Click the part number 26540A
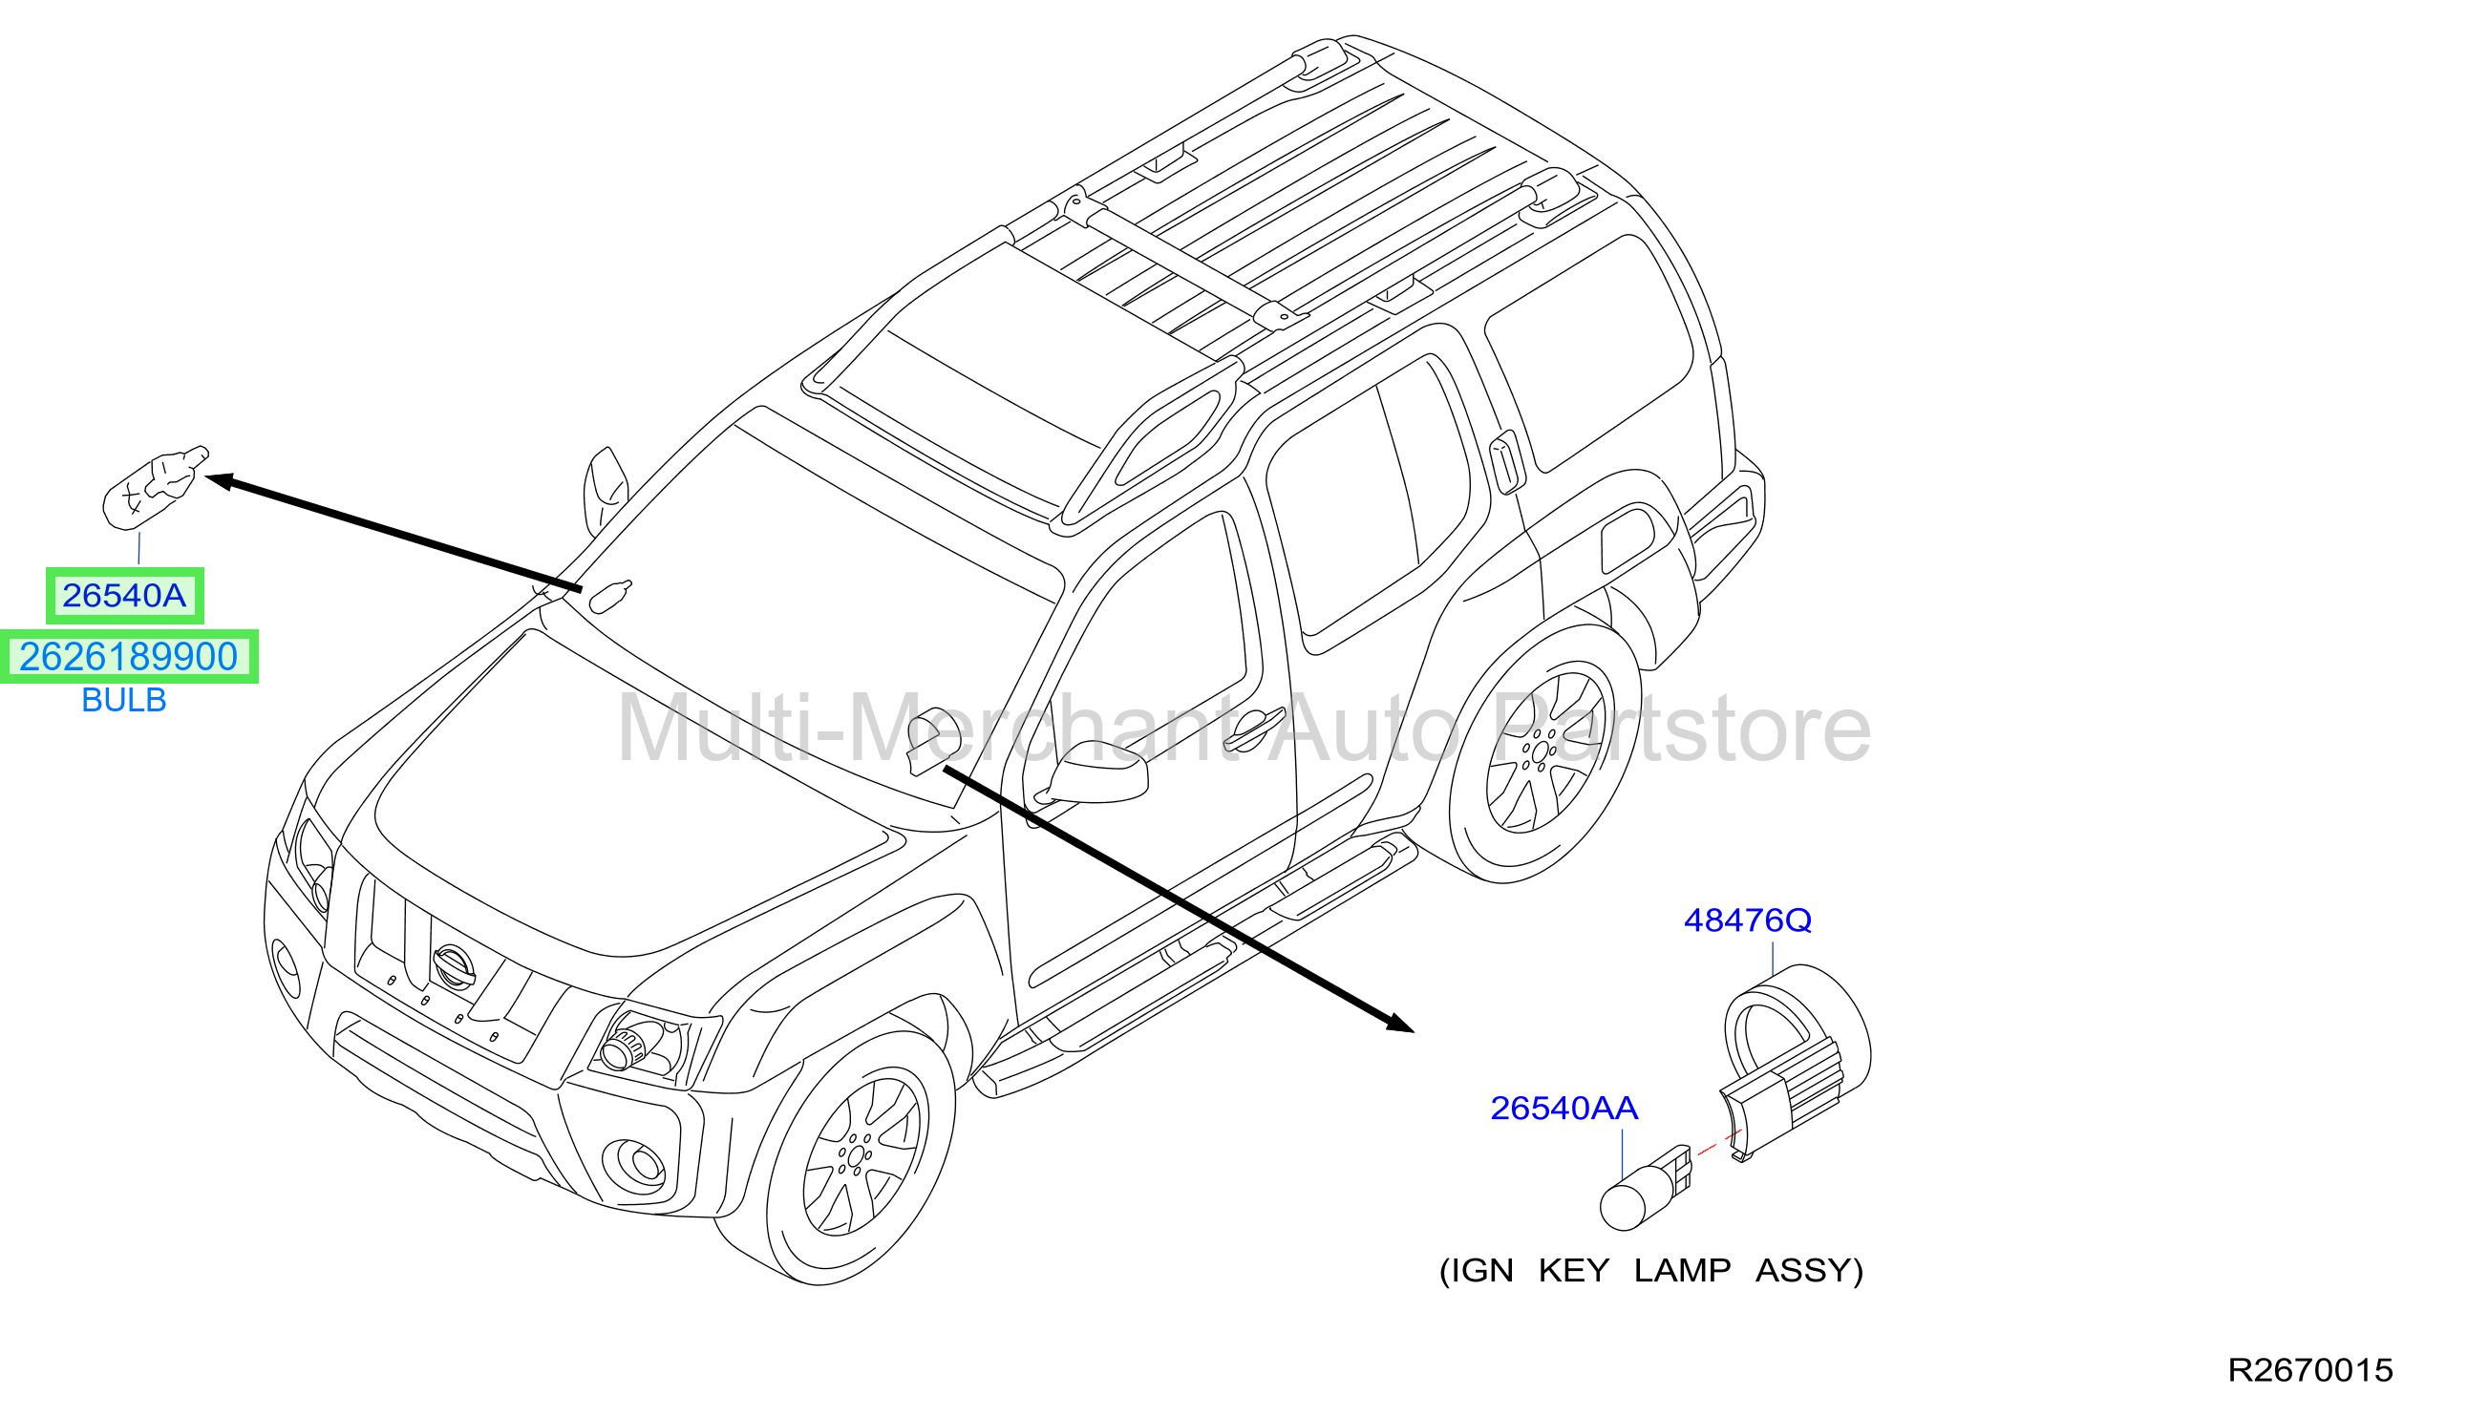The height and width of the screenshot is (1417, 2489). (x=123, y=596)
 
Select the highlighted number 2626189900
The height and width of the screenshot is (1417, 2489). (x=129, y=657)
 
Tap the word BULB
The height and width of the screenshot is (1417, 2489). (x=123, y=700)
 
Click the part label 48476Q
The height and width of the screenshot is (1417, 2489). (x=1747, y=920)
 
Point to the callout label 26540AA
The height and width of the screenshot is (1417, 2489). (x=1564, y=1108)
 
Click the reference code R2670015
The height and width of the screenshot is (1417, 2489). (x=2309, y=1370)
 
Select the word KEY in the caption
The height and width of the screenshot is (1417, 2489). (x=1573, y=1271)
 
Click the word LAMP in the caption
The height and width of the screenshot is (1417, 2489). (x=1682, y=1271)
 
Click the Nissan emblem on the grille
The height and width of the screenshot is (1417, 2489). (x=453, y=966)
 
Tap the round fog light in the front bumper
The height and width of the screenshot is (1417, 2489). (x=634, y=1164)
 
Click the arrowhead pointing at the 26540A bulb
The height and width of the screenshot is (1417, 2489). (x=220, y=481)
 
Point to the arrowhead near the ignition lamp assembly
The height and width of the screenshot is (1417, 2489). (x=1400, y=1023)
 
